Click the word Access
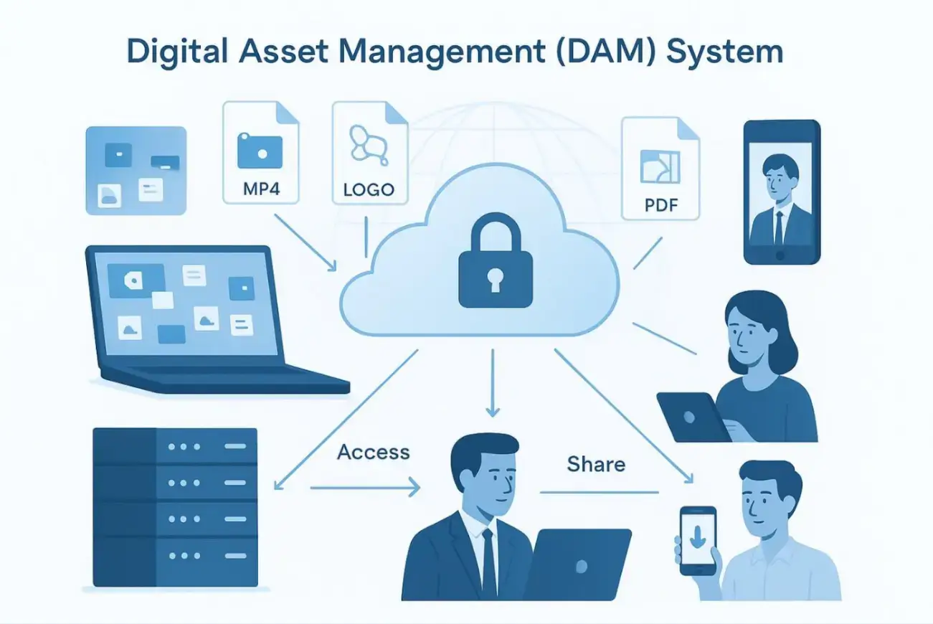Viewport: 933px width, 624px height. [373, 452]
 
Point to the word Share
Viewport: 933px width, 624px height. [596, 464]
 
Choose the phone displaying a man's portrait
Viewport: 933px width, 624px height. [781, 192]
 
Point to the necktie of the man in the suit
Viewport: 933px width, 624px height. [489, 563]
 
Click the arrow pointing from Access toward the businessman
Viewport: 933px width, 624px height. [366, 490]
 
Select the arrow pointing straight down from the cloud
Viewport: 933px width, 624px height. [492, 383]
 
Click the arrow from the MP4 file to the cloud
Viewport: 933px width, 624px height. [306, 242]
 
